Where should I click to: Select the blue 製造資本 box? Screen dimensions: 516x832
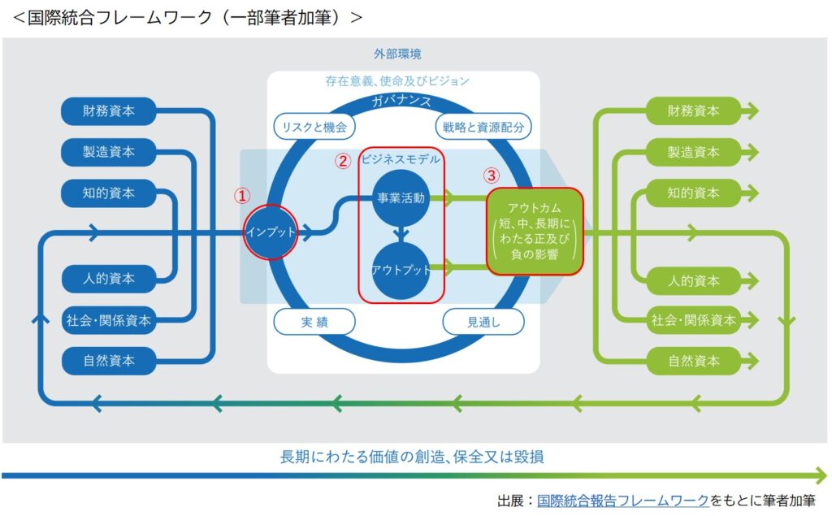coord(108,152)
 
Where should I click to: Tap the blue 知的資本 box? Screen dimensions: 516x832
coord(108,193)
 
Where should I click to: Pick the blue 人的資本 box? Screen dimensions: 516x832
coord(108,279)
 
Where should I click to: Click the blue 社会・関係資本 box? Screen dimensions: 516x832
coord(108,319)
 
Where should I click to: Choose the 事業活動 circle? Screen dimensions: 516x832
coord(401,197)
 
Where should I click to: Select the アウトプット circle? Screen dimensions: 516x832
coord(401,270)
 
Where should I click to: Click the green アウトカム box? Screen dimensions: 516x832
coord(535,231)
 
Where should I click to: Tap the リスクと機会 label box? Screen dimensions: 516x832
coord(314,126)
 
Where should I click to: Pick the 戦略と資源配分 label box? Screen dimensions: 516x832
coord(483,126)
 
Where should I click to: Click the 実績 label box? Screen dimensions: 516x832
coord(314,322)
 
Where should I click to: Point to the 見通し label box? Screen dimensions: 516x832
coord(483,322)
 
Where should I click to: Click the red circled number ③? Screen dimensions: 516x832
coord(492,175)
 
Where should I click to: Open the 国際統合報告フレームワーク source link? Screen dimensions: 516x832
coord(623,501)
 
